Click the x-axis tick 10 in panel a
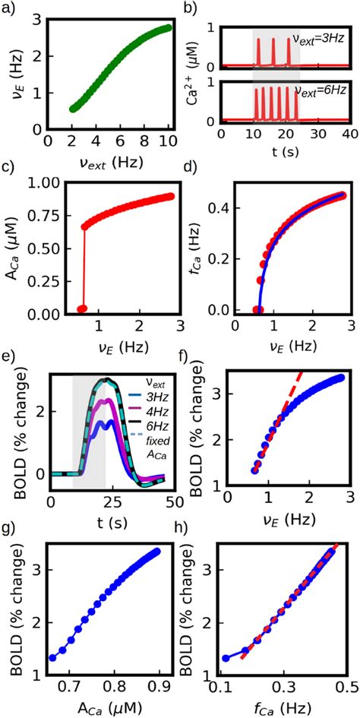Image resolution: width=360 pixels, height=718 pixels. (x=168, y=141)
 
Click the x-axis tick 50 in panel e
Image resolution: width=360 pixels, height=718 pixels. (x=170, y=502)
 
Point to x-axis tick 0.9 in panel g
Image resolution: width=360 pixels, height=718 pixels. (x=156, y=687)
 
